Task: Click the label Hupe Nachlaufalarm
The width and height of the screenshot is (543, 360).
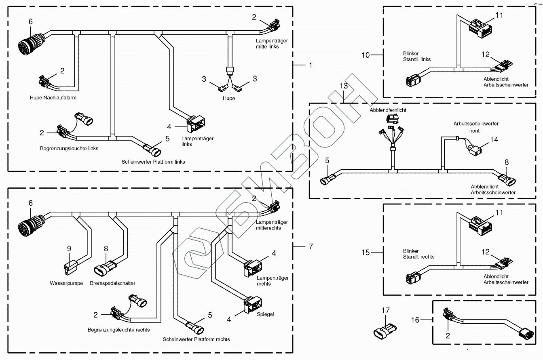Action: pyautogui.click(x=53, y=98)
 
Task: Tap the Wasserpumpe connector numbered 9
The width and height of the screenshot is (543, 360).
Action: pyautogui.click(x=71, y=268)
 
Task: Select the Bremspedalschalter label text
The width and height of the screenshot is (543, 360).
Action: pyautogui.click(x=112, y=283)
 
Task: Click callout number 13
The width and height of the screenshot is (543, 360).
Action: pyautogui.click(x=344, y=86)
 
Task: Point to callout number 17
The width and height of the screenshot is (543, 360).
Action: pyautogui.click(x=385, y=311)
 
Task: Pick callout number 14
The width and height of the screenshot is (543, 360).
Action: pyautogui.click(x=494, y=139)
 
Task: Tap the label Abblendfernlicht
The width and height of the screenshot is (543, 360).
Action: pyautogui.click(x=388, y=110)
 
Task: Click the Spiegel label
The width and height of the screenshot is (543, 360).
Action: pyautogui.click(x=265, y=314)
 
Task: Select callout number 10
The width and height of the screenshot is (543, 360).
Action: pyautogui.click(x=366, y=55)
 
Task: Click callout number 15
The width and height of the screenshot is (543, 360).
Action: pyautogui.click(x=366, y=253)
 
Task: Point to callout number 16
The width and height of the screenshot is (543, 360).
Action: pyautogui.click(x=415, y=320)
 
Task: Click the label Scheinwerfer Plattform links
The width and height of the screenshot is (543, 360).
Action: pyautogui.click(x=153, y=162)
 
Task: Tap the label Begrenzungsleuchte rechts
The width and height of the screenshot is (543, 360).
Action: pyautogui.click(x=118, y=330)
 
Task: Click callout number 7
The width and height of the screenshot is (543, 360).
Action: pyautogui.click(x=311, y=246)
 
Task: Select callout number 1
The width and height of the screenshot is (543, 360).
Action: pyautogui.click(x=311, y=65)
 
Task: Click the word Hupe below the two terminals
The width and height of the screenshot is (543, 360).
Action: pyautogui.click(x=229, y=98)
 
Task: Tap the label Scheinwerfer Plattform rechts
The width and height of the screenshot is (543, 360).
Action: pyautogui.click(x=196, y=339)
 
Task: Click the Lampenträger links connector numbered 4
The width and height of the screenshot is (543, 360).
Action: pyautogui.click(x=196, y=124)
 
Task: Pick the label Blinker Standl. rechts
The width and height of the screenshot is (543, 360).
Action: pyautogui.click(x=418, y=254)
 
